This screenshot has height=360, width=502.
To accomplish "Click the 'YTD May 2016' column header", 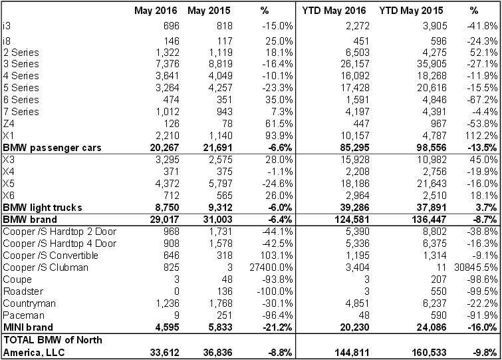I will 335,11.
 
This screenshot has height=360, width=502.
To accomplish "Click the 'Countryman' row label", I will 29,303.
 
